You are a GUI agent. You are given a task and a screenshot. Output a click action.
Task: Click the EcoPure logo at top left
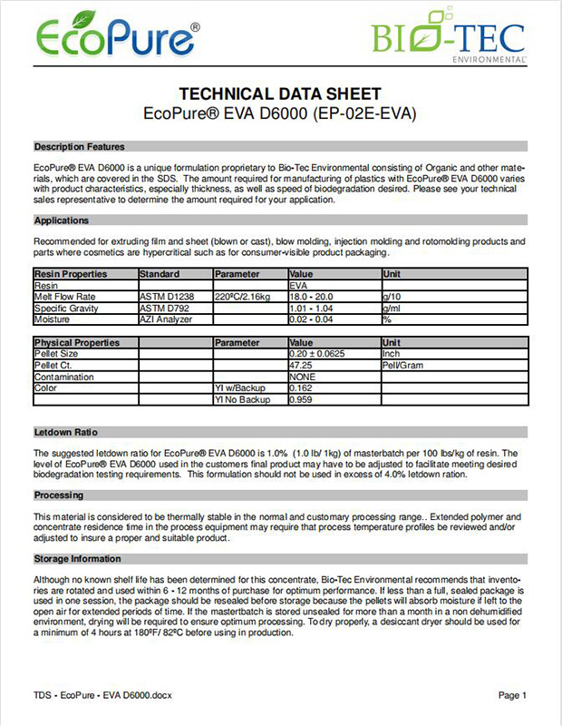click(x=118, y=36)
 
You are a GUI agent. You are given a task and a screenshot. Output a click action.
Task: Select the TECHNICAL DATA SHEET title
click(x=280, y=93)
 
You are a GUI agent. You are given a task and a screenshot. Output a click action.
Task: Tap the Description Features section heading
click(x=79, y=147)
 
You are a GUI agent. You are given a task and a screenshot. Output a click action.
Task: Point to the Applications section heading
click(x=61, y=221)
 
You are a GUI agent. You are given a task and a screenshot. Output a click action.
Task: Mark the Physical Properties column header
click(x=76, y=343)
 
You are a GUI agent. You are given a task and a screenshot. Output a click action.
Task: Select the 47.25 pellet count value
click(x=300, y=365)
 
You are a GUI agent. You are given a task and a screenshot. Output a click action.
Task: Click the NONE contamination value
click(x=302, y=376)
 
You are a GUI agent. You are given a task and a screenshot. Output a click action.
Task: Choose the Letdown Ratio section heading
click(x=66, y=432)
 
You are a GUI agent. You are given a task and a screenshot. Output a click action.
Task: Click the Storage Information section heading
click(x=77, y=559)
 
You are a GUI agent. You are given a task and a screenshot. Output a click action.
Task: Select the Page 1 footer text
click(x=512, y=695)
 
